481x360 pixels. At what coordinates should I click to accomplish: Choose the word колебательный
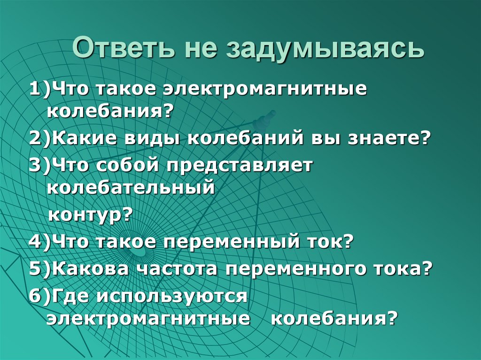pyautogui.click(x=131, y=188)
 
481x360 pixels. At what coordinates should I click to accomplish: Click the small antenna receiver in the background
pyautogui.click(x=264, y=119)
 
